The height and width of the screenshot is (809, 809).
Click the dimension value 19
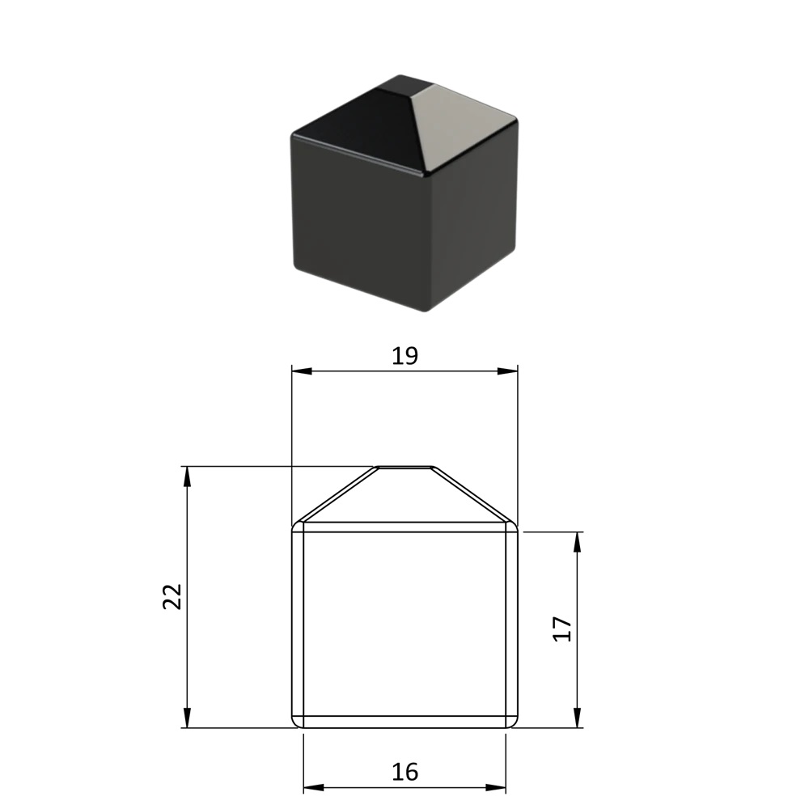404,356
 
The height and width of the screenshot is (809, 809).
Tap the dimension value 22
172,597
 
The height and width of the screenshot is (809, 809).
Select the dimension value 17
562,629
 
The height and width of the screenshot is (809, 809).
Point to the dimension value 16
404,772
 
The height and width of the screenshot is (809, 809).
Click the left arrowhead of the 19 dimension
302,371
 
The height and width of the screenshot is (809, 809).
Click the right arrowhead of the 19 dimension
508,371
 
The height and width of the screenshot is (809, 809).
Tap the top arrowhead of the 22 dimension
188,477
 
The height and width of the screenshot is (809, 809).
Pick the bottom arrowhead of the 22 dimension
188,718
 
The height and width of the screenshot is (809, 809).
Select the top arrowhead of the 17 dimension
578,542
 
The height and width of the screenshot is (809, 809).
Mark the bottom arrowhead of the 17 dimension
578,718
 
